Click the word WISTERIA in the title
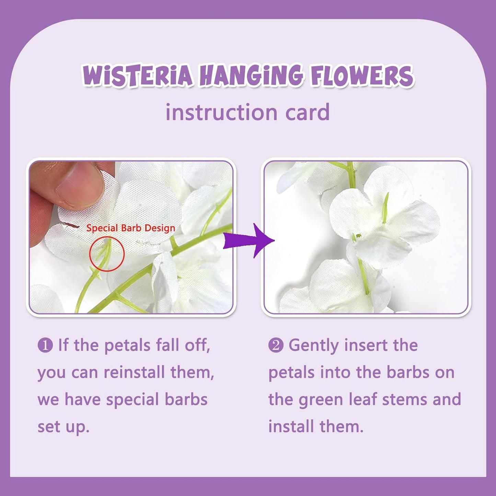[x=137, y=75]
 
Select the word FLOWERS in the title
[x=362, y=75]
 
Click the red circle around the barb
[x=107, y=254]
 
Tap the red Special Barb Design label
[x=130, y=228]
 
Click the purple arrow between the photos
[x=249, y=240]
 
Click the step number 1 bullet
[x=45, y=345]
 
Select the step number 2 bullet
[x=276, y=345]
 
